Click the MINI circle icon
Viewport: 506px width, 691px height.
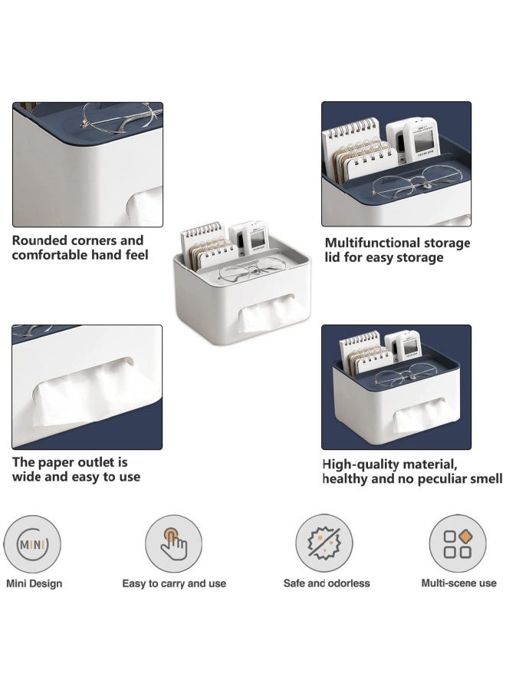[32, 544]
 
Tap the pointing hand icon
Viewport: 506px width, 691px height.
[174, 544]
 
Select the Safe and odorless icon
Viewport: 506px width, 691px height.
[324, 543]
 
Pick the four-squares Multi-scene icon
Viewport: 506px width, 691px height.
[458, 544]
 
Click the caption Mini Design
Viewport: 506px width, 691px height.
[34, 584]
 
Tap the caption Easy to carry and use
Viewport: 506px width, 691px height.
[174, 584]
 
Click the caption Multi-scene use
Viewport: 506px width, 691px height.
[459, 583]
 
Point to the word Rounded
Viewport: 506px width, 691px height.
[40, 240]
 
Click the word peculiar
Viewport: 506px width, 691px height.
[445, 479]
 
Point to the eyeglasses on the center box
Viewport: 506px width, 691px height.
[252, 269]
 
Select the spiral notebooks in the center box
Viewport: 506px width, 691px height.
[209, 246]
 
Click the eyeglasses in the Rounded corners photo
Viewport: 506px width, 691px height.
[120, 117]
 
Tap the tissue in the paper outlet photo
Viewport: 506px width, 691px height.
[94, 392]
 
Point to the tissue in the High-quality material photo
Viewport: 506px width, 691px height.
[419, 415]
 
